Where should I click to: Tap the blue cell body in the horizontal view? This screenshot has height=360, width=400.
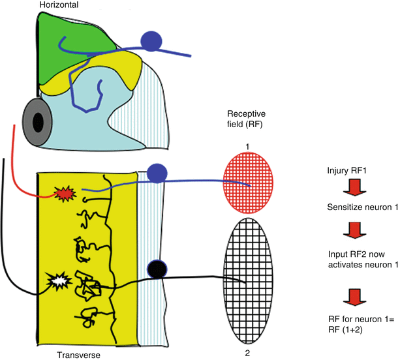point(151,40)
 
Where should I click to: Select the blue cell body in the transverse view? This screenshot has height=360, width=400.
point(157,173)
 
